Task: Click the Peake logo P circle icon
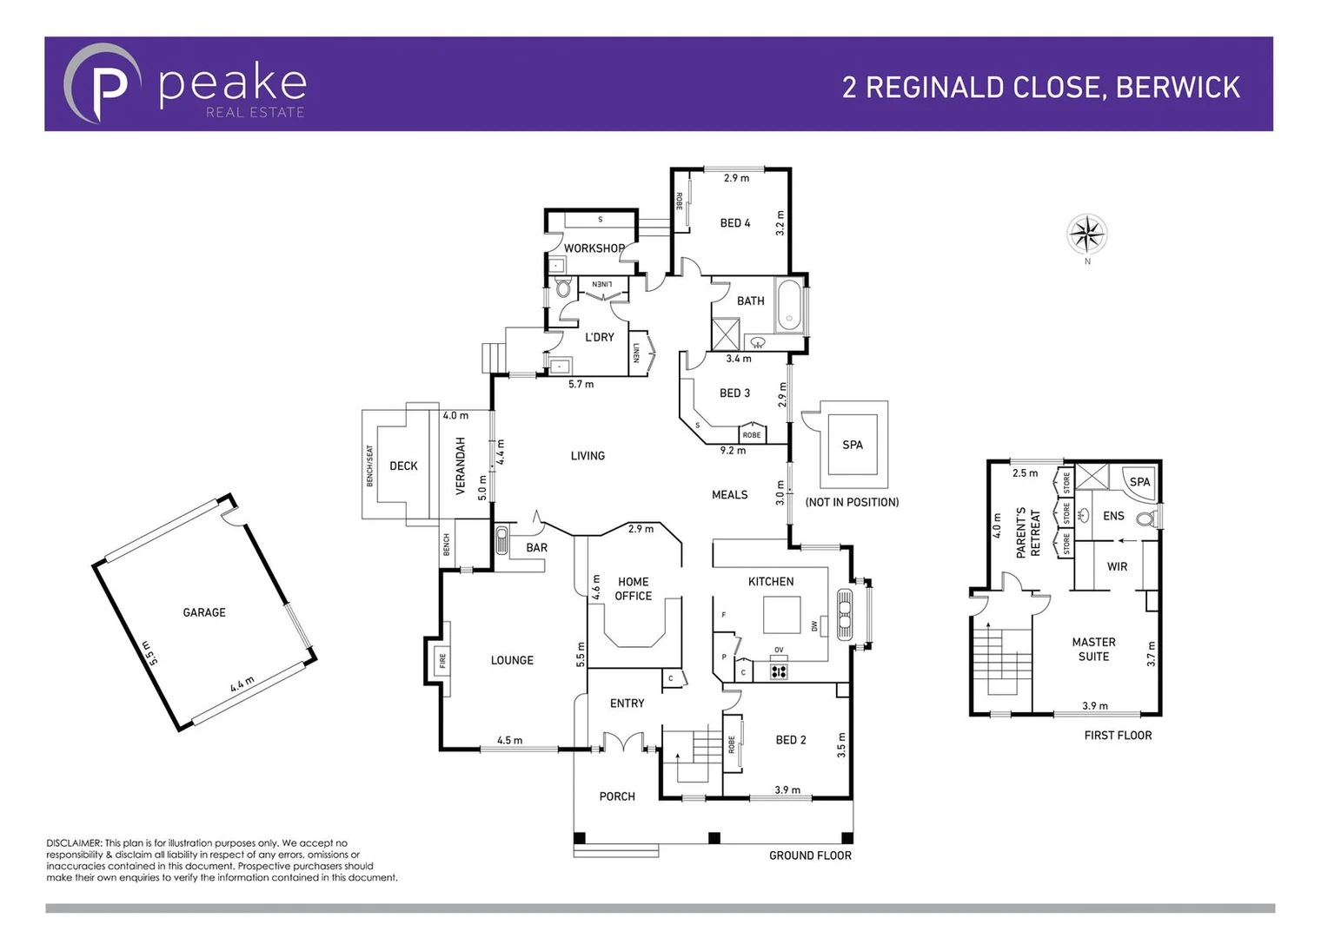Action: [x=103, y=83]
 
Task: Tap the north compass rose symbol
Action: [x=1086, y=234]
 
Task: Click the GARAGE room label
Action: [x=204, y=612]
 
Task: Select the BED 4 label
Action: [x=734, y=223]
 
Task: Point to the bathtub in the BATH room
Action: [x=789, y=306]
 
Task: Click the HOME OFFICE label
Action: [x=633, y=589]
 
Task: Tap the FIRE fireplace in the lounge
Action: [x=442, y=660]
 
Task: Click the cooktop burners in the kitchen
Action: [x=779, y=670]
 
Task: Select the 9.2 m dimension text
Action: [x=733, y=451]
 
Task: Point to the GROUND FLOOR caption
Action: [x=810, y=855]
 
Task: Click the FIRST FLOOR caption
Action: [x=1118, y=735]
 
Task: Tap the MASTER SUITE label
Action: [x=1093, y=649]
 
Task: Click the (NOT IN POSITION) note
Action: [x=852, y=502]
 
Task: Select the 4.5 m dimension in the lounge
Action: [x=509, y=741]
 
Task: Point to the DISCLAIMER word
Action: [x=73, y=843]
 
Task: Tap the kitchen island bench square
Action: [x=781, y=615]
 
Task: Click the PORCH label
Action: [x=617, y=796]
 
